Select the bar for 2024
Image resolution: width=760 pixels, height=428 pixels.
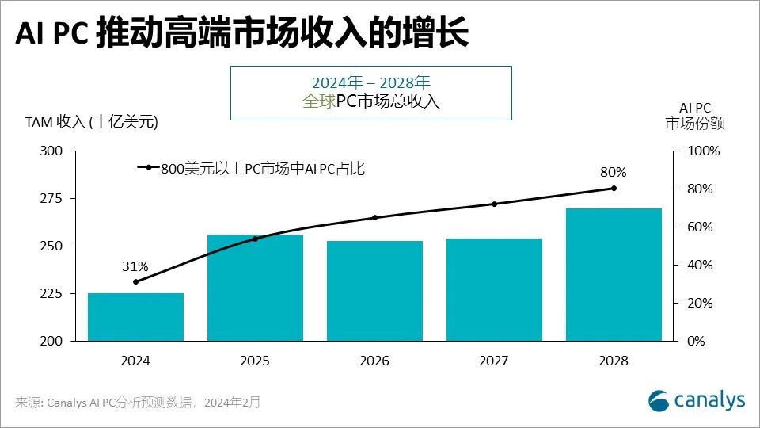135,317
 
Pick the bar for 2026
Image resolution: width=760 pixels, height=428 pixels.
374,291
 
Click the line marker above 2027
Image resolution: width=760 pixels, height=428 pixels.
494,204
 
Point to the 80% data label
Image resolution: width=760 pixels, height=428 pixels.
614,172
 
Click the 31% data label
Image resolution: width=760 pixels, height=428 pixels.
135,267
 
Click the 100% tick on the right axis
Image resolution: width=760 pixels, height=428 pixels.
703,151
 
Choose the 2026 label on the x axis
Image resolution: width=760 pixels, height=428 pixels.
374,361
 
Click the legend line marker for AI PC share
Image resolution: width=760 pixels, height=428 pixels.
148,167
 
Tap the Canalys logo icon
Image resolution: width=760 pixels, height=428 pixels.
659,400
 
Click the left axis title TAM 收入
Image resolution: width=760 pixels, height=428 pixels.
92,121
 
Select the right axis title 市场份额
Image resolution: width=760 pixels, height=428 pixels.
694,124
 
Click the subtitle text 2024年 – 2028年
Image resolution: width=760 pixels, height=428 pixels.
370,82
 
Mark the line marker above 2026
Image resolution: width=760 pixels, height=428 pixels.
374,217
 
